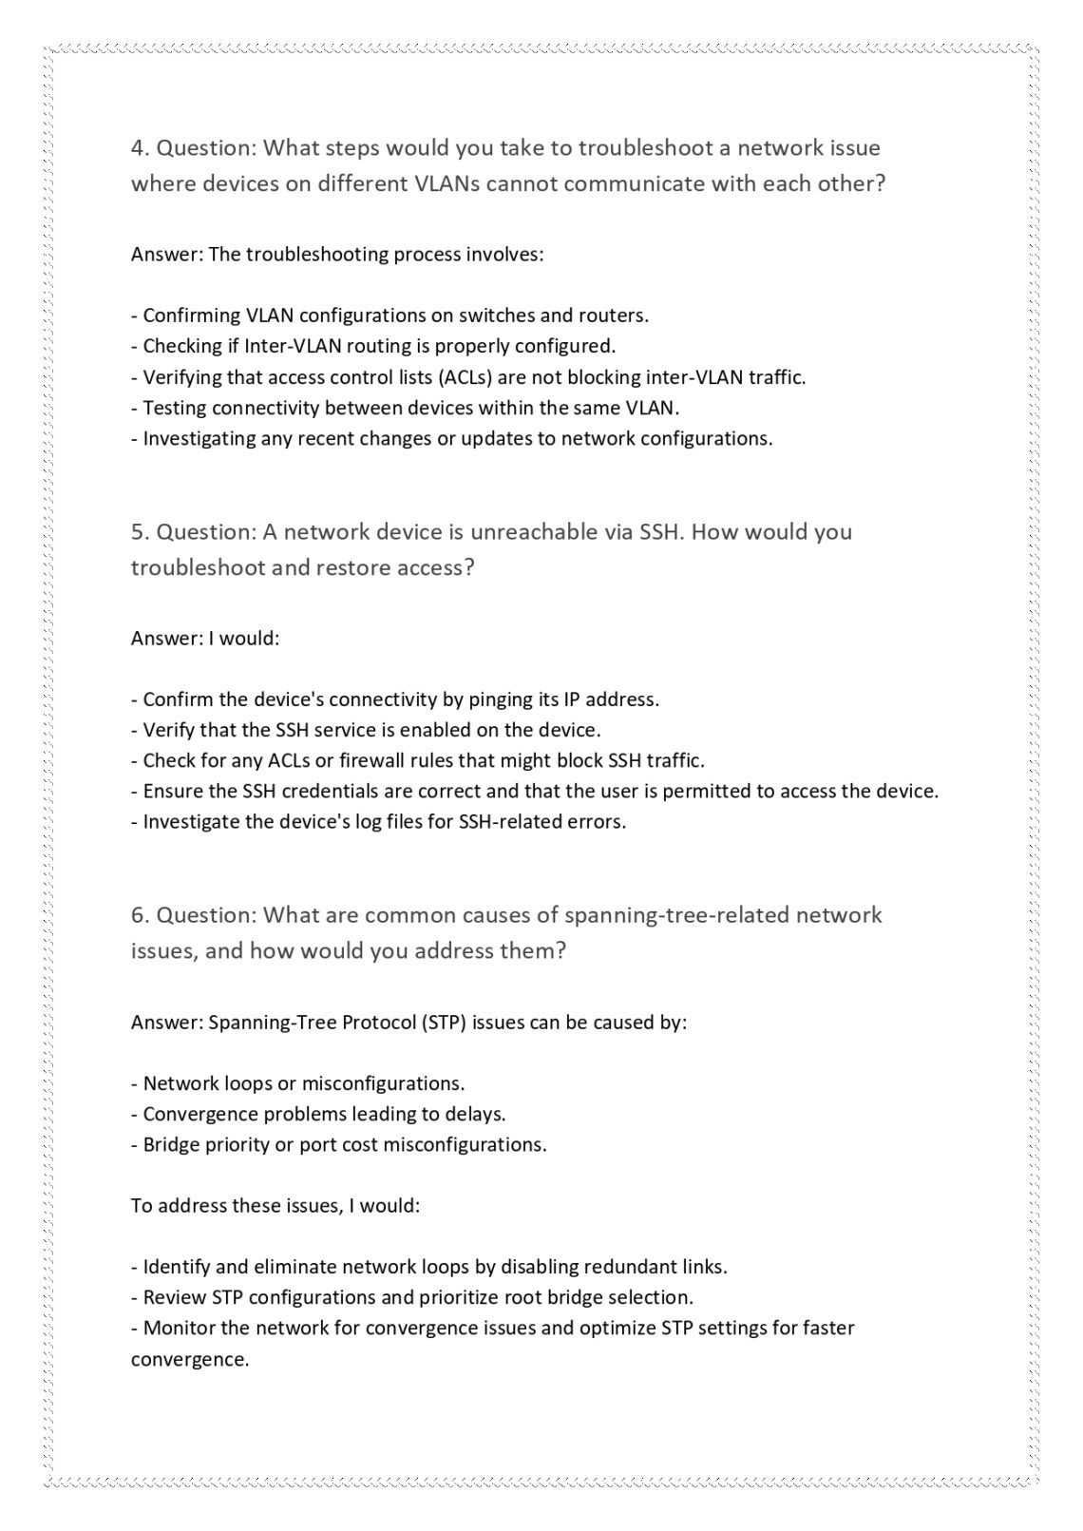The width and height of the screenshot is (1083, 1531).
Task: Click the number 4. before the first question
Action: pos(140,148)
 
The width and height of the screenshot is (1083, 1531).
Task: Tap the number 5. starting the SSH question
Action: pos(140,531)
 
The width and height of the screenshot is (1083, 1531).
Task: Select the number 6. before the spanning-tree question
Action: pos(140,915)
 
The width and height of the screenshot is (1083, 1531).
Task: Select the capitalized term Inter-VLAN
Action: pos(286,346)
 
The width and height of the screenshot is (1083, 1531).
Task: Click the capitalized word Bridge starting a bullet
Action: pos(170,1144)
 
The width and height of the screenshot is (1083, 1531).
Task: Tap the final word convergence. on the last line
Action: pos(189,1359)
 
